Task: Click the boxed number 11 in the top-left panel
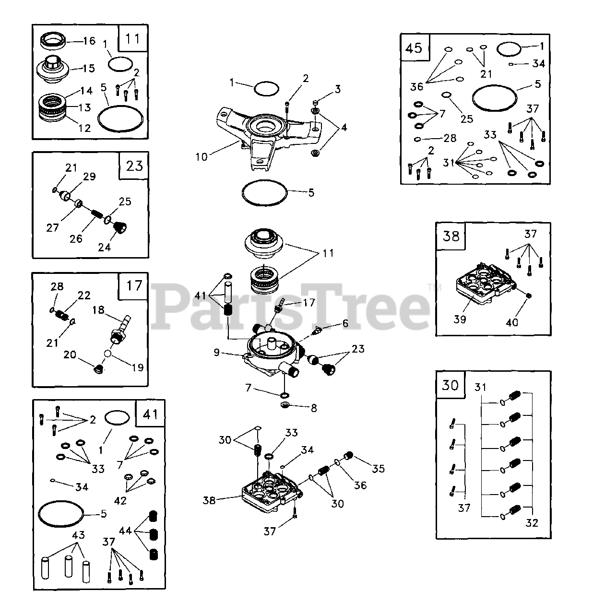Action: tap(132, 38)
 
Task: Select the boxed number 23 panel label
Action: tap(134, 165)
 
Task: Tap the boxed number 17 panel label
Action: tap(134, 286)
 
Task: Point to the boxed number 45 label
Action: tap(414, 47)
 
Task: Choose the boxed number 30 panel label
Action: tap(450, 385)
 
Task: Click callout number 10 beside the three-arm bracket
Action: tap(202, 157)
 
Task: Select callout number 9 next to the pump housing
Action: tap(217, 353)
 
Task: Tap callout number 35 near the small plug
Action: tap(379, 468)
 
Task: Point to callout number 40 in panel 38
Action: tap(512, 322)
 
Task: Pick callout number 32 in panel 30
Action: tap(531, 523)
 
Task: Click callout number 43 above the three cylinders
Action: tap(78, 535)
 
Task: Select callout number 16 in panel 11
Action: tap(89, 41)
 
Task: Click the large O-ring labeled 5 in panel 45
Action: tap(495, 99)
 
